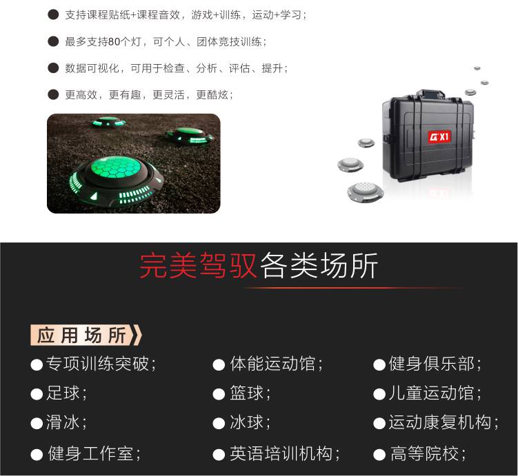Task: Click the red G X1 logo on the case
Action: (x=439, y=136)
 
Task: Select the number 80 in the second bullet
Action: (x=114, y=42)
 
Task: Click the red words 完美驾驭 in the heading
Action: (x=198, y=266)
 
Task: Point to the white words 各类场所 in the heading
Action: (x=319, y=266)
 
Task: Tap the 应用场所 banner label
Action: (x=86, y=335)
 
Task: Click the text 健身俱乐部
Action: (x=431, y=364)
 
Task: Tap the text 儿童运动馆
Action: (x=431, y=393)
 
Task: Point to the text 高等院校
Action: (x=424, y=453)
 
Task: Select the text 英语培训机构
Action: (x=281, y=453)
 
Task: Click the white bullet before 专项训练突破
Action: (x=37, y=365)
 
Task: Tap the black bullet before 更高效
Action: (x=53, y=94)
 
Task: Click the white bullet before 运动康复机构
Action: (x=379, y=424)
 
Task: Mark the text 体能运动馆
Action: (x=272, y=364)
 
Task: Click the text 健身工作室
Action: (x=90, y=453)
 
